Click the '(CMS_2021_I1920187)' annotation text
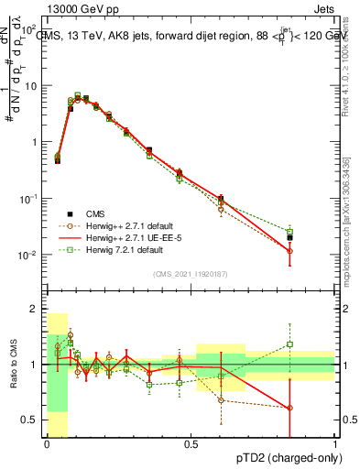pos(191,274)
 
